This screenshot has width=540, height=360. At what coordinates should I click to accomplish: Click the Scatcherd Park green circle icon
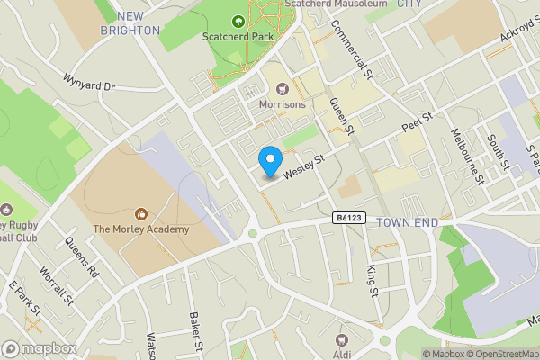pos(238,22)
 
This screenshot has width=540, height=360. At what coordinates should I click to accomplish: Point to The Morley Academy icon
pos(140,214)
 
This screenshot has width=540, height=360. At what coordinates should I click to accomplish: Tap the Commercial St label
pos(352,50)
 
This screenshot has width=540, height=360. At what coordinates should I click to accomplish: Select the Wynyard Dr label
pos(90,82)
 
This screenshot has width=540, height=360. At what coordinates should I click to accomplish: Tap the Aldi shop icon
pos(341,339)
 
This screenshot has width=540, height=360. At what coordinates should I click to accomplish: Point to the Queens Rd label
pos(80,256)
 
